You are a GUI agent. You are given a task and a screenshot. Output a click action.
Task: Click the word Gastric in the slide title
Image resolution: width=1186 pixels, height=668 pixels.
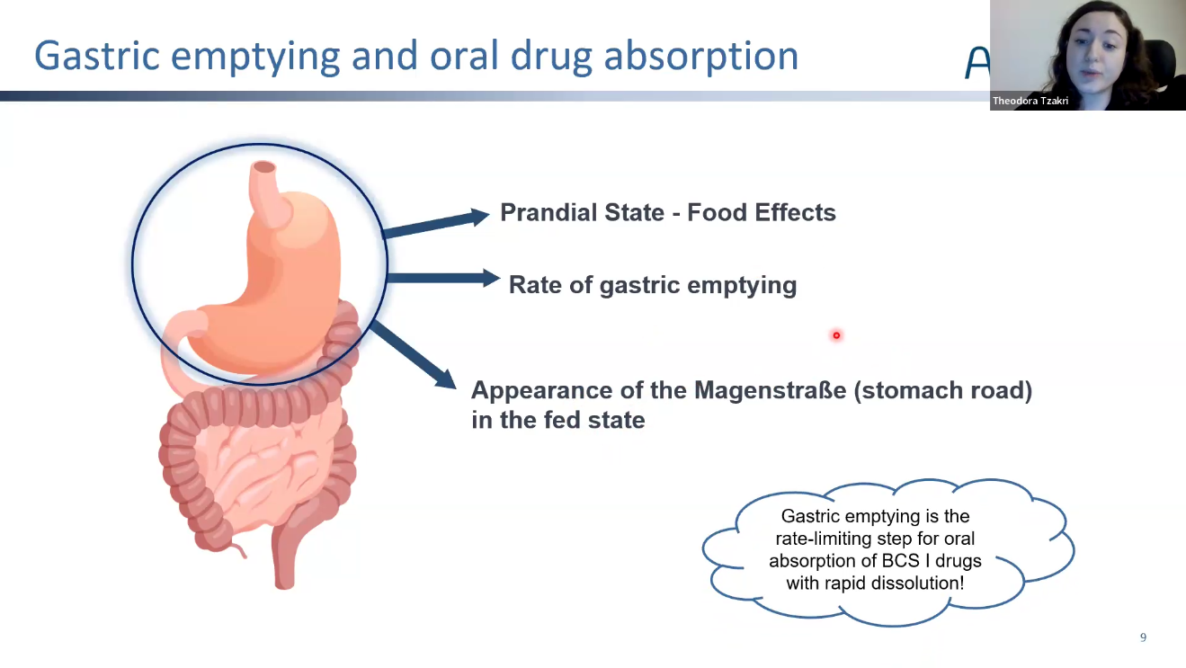coord(97,56)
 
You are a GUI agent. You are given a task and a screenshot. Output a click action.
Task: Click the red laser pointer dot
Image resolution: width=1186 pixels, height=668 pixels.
coord(836,335)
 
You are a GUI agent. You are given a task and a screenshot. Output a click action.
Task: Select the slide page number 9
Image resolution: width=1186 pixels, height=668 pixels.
coord(1143,637)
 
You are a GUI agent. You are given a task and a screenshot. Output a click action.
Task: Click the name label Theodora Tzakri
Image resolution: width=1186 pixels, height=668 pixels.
coord(1030,101)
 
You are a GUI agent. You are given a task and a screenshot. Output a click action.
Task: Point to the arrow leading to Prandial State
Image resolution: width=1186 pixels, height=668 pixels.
coord(436,223)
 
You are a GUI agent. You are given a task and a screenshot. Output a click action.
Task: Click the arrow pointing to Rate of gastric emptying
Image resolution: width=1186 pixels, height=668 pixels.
coord(443,279)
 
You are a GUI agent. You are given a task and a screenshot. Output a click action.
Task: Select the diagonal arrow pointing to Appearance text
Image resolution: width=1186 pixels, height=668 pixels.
coord(413,355)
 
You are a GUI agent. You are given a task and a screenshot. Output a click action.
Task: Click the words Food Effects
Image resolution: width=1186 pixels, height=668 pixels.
coord(762,212)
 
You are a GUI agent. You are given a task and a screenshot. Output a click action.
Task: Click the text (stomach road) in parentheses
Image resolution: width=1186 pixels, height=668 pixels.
coord(943,390)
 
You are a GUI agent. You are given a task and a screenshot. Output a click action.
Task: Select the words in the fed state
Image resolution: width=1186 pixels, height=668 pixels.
coord(558,420)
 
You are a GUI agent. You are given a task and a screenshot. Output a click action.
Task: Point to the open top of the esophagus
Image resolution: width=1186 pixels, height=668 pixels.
coord(263,167)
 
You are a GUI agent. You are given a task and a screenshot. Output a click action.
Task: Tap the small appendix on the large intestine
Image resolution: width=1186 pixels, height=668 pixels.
coord(237,550)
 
